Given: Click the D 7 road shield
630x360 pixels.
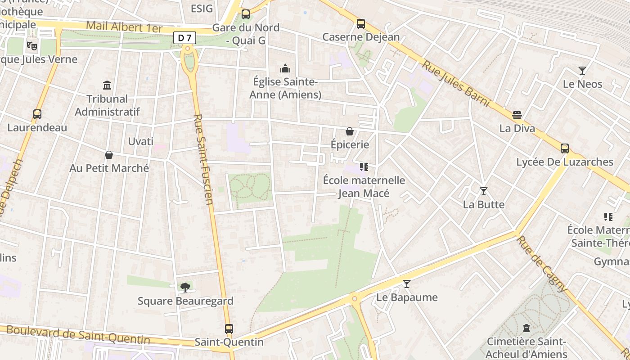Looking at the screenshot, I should pos(185,38).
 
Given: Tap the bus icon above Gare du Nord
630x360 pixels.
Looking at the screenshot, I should pos(245,14).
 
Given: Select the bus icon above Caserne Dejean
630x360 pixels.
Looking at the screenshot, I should pos(360,24).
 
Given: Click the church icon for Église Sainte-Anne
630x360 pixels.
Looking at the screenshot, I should pos(285,68).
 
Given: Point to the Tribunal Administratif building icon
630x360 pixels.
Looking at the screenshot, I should pos(107,85).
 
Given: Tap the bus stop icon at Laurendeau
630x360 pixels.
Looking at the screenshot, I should pos(37,114).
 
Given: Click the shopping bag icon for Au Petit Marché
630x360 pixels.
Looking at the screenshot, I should pos(108,155).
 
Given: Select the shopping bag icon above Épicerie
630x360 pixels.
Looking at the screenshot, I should pos(349,131).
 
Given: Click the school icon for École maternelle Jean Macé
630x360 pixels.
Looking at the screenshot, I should pos(364,167).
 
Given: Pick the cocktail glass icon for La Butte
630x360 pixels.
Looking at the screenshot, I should pos(483,191).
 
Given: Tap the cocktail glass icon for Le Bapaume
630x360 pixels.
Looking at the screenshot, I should pos(407,284).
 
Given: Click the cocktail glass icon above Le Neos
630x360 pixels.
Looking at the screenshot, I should pos(582,71).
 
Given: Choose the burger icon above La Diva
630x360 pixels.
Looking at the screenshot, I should pos(517,115).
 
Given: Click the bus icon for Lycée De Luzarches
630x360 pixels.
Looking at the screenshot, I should pos(564,148).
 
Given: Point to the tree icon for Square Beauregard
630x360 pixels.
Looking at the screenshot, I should pos(185,288).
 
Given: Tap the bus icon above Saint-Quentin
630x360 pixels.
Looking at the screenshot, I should pos(229,329).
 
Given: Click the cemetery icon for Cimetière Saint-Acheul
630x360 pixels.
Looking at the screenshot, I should pos(526,328).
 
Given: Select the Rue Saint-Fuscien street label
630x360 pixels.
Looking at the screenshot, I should pos(203,159).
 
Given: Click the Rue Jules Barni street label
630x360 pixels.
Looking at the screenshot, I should pos(455,84).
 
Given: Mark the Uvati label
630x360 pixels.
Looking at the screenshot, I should pos(140,141).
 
